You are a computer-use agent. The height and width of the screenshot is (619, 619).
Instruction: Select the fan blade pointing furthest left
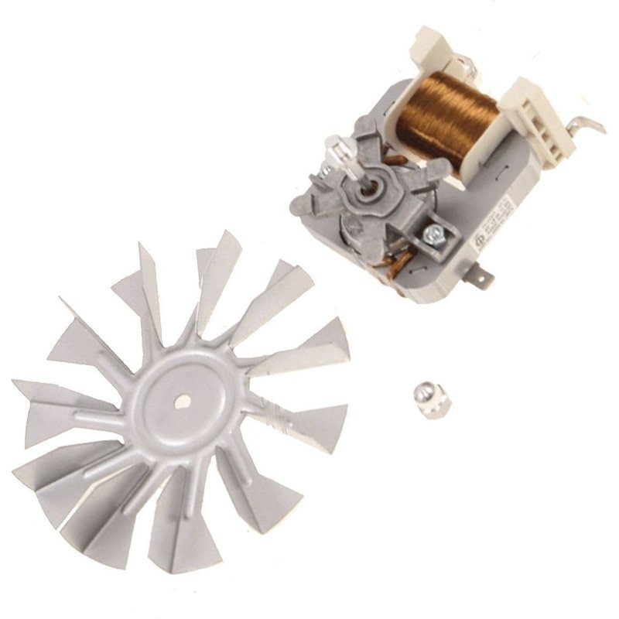(46, 402)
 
